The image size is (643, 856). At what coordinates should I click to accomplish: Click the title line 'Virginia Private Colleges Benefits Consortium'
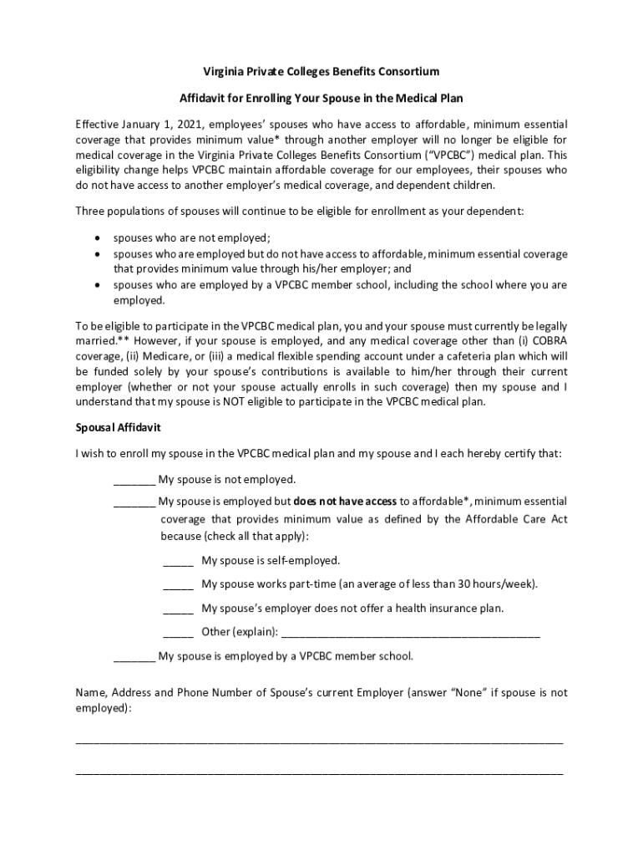(321, 72)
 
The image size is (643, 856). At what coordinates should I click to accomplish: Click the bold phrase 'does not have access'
(345, 502)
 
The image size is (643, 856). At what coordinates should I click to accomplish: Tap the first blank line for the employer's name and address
(319, 741)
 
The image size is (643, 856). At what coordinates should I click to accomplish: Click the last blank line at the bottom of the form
(319, 773)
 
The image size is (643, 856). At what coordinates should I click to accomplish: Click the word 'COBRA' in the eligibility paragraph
(547, 341)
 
